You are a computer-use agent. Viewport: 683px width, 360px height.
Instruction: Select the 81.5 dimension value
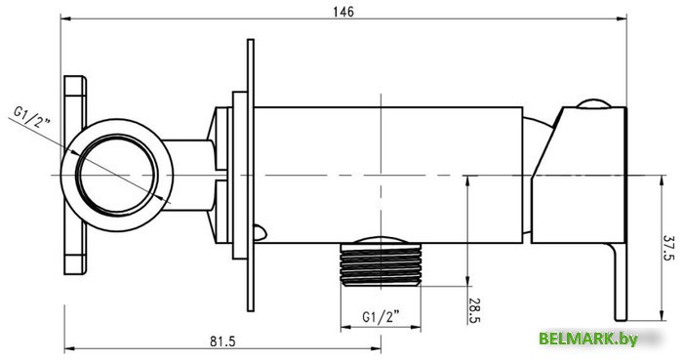[221, 340]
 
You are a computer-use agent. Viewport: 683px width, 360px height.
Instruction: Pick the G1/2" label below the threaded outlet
[382, 317]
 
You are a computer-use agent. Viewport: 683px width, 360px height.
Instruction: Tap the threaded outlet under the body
[382, 265]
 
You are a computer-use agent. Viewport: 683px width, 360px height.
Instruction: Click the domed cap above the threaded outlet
[382, 239]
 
